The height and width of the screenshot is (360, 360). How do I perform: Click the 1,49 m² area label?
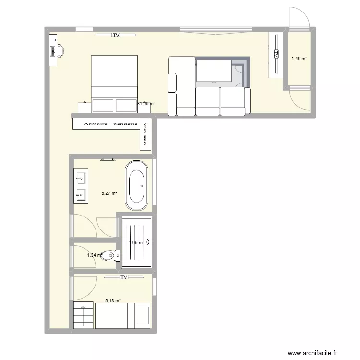[x=300, y=59]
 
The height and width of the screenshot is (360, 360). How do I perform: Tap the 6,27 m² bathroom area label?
[x=109, y=193]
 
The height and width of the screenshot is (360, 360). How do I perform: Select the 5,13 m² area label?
[x=113, y=301]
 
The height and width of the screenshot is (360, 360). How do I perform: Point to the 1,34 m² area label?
[x=95, y=255]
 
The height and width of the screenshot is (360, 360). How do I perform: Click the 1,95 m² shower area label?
[x=137, y=243]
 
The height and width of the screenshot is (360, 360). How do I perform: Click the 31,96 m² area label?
[x=146, y=103]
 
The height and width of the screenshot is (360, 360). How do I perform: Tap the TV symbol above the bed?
[x=116, y=35]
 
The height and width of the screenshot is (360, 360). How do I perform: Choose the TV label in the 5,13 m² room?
[x=124, y=277]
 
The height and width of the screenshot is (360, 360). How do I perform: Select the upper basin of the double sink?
[x=81, y=178]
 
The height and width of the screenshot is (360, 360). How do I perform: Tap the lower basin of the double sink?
[x=81, y=194]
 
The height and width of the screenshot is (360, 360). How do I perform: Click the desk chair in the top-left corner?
[x=60, y=49]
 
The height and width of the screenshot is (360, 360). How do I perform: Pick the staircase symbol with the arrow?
[x=84, y=315]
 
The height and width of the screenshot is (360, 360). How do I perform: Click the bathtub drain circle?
[x=141, y=185]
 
